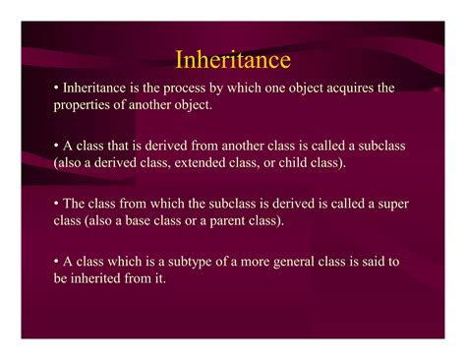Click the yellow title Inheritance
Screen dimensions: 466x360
233,59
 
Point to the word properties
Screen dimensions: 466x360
82,105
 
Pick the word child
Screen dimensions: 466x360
293,162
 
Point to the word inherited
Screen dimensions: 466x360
95,278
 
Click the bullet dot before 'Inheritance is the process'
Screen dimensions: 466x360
56,88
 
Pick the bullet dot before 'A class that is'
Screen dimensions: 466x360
56,146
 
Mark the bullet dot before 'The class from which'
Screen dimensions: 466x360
56,204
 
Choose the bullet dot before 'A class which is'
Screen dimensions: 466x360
56,262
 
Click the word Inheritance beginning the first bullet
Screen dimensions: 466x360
94,88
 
